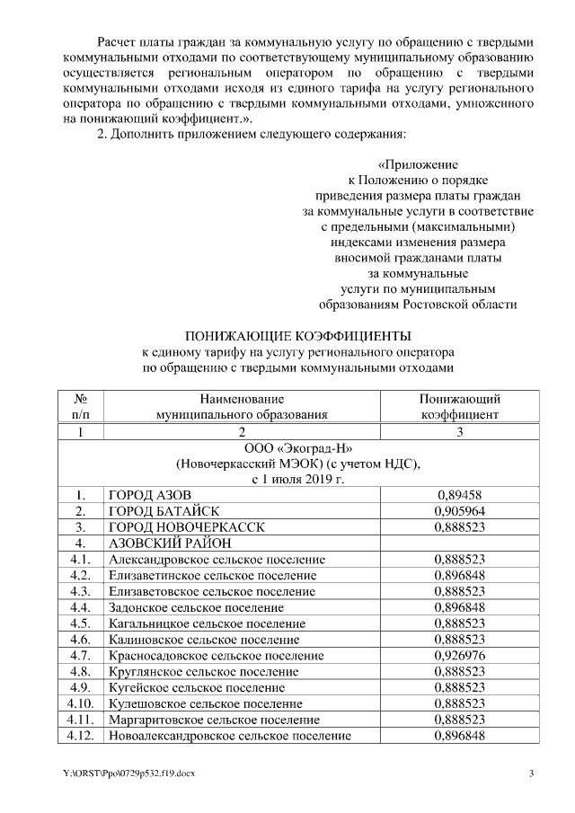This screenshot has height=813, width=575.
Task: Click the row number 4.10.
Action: pyautogui.click(x=81, y=703)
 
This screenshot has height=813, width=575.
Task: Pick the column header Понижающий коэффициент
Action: pyautogui.click(x=459, y=407)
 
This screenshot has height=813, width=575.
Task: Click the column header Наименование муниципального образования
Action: pyautogui.click(x=242, y=407)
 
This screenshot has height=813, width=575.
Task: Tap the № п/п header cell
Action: pyautogui.click(x=81, y=407)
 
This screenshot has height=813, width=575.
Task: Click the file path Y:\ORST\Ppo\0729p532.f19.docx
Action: pyautogui.click(x=117, y=774)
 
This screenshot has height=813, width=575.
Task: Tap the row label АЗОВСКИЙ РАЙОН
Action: pyautogui.click(x=170, y=543)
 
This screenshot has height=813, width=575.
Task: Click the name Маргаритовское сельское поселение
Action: pyautogui.click(x=213, y=720)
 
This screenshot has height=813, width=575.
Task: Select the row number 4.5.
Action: pyautogui.click(x=81, y=623)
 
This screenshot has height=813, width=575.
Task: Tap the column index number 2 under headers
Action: pyautogui.click(x=242, y=431)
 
